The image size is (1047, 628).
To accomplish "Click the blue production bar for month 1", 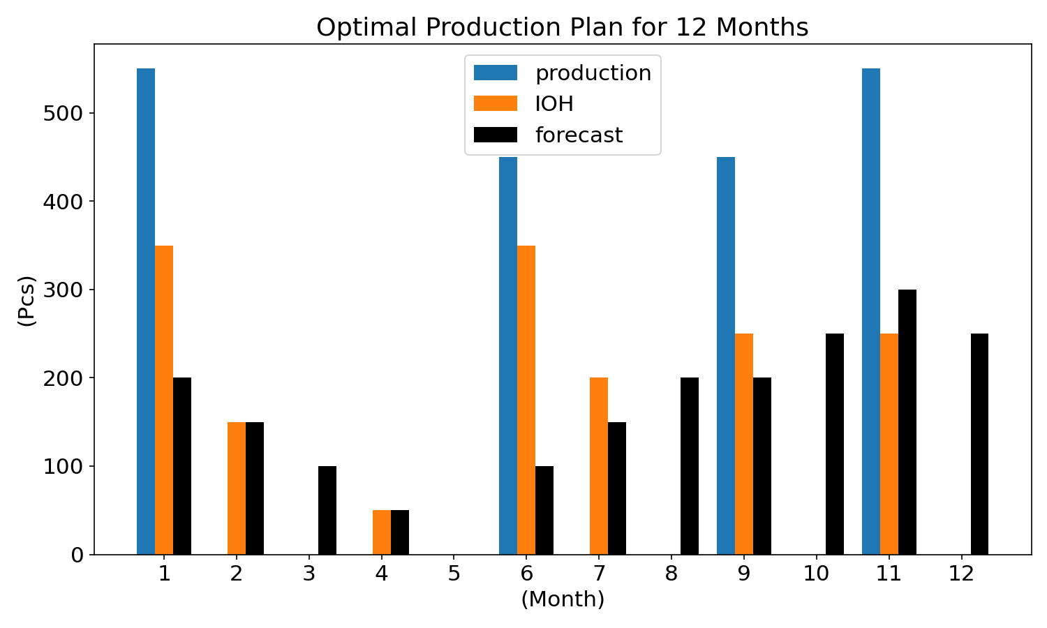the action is (x=146, y=312).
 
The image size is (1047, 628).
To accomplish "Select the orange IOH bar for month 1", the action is (x=164, y=400).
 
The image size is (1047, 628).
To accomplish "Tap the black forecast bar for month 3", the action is (x=327, y=510).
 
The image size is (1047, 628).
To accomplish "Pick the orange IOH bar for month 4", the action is (x=382, y=532).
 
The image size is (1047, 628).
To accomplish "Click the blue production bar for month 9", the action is (x=726, y=356).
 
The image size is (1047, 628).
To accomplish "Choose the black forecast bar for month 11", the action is (x=907, y=422).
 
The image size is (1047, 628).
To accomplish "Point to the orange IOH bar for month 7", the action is (x=599, y=466).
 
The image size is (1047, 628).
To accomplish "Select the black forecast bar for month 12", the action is (x=980, y=444).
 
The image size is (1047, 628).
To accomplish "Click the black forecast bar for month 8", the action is (x=690, y=466).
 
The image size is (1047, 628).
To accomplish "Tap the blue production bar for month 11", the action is (x=871, y=312).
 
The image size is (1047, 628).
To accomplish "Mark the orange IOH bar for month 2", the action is (x=237, y=488).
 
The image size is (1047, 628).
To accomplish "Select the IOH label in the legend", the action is (x=554, y=104).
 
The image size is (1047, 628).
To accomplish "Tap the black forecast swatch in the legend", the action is (x=496, y=135).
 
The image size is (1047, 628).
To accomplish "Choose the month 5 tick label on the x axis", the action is (x=454, y=574).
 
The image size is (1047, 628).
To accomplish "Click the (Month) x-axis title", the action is (x=563, y=599).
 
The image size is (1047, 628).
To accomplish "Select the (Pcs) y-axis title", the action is (x=27, y=301).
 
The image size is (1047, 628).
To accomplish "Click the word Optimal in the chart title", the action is (x=366, y=28).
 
